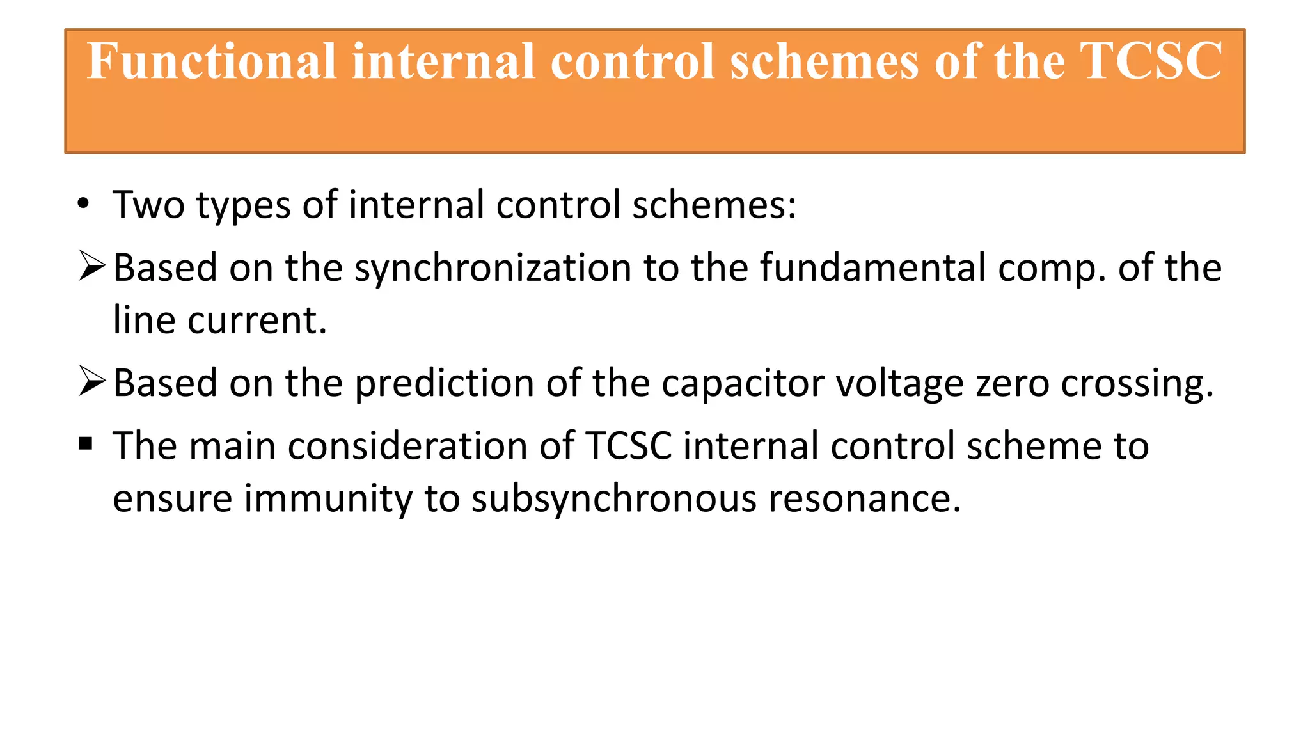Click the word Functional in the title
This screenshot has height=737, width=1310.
tap(212, 61)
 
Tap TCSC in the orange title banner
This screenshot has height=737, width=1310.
tap(1151, 61)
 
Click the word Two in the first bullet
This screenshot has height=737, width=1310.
tap(148, 205)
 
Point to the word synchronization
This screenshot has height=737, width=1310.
tap(493, 267)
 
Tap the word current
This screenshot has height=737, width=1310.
tap(257, 320)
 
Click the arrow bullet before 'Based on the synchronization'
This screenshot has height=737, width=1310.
tap(91, 266)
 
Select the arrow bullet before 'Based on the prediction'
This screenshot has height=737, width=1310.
tap(91, 381)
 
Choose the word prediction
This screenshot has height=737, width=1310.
tap(444, 383)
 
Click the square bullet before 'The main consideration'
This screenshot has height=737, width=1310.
tap(86, 443)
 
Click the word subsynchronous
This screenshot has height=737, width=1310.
tap(614, 498)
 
